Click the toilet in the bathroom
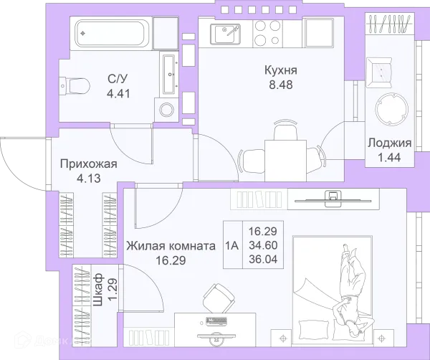(x=75, y=86)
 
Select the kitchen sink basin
(x=225, y=34)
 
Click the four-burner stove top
(x=267, y=33)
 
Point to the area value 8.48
(x=281, y=85)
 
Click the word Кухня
(x=280, y=70)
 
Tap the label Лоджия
(x=389, y=143)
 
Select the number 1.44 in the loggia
(x=389, y=158)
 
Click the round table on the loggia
(x=391, y=109)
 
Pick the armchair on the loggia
(x=379, y=71)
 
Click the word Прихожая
(x=89, y=164)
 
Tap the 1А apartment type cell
(x=232, y=245)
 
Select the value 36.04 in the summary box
(x=263, y=259)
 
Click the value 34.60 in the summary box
(x=263, y=245)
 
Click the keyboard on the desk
(x=217, y=321)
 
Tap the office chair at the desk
(x=219, y=298)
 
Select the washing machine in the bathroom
(x=166, y=110)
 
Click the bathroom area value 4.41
(x=118, y=94)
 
